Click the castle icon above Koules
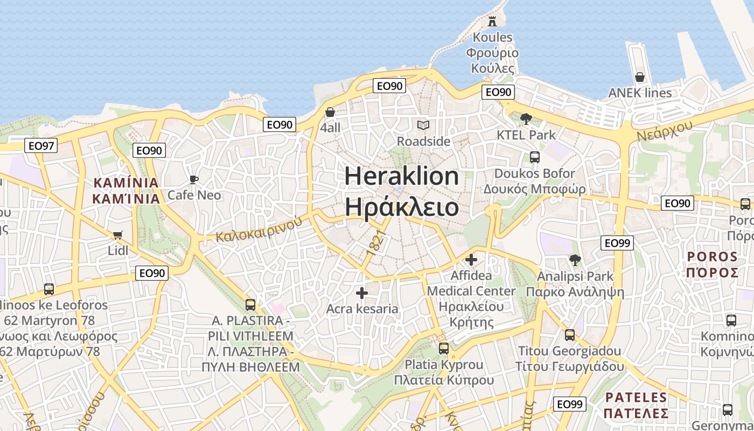click(x=492, y=22)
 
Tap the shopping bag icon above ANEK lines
click(x=640, y=77)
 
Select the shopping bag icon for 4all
click(x=330, y=112)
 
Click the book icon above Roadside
click(x=423, y=126)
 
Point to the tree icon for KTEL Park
click(x=526, y=119)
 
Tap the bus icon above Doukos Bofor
click(x=534, y=157)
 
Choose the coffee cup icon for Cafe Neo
click(x=194, y=179)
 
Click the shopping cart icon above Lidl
click(x=118, y=235)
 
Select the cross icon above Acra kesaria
click(x=362, y=293)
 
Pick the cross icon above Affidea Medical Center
click(x=471, y=260)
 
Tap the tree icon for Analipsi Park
click(x=575, y=260)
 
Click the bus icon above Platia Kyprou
click(x=443, y=349)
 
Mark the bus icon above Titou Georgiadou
click(x=569, y=335)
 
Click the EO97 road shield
click(x=41, y=145)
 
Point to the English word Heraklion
click(x=401, y=176)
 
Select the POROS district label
click(x=712, y=256)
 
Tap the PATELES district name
click(x=636, y=398)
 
